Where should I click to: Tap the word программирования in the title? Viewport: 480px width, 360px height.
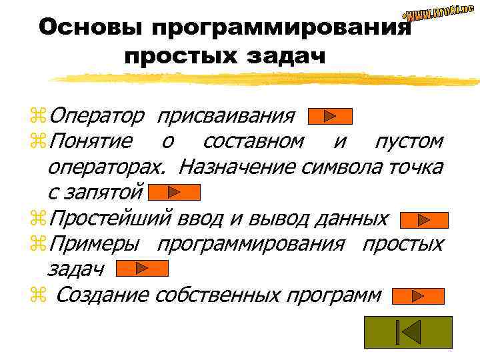coord(279,27)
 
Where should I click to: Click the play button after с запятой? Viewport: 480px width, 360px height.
coord(174,193)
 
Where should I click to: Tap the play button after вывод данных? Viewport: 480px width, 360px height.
coord(423,219)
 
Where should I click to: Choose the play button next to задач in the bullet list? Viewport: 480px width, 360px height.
coord(142,268)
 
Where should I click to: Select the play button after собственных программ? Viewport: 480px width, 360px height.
coord(417,295)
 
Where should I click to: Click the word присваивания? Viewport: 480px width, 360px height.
coord(225,117)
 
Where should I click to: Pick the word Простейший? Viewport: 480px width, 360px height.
coord(111,218)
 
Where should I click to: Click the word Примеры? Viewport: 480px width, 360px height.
coord(94,243)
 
